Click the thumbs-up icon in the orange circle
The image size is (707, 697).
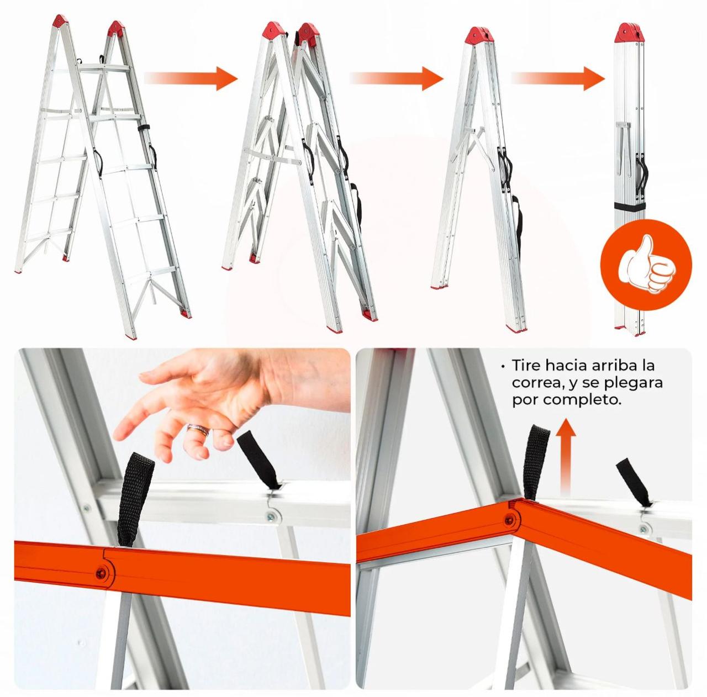[646, 265]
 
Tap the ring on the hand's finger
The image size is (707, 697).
[198, 430]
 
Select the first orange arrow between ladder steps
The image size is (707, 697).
[191, 78]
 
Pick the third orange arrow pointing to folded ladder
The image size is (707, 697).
[558, 78]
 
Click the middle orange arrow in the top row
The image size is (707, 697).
[396, 78]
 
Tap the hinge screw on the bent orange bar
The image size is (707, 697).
[509, 520]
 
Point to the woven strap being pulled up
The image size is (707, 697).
[537, 463]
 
